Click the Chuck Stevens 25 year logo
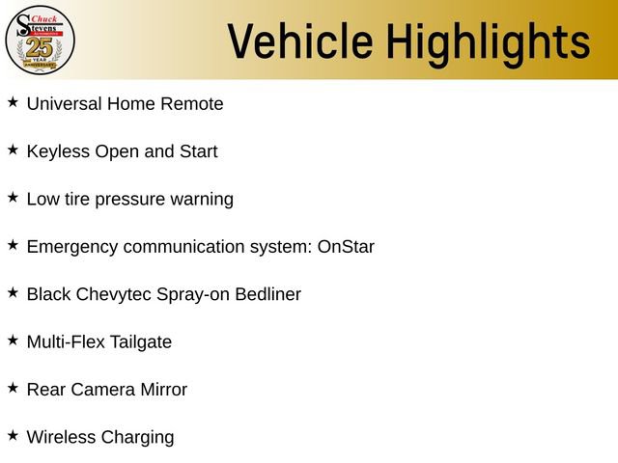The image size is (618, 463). [40, 39]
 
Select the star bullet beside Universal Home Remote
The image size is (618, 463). [13, 101]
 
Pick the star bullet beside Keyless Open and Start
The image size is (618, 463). [13, 150]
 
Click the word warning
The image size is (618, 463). [200, 200]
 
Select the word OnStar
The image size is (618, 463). [346, 247]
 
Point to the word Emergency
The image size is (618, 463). [72, 247]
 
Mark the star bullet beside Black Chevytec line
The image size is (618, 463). [13, 292]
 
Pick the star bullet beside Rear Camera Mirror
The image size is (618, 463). [13, 388]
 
